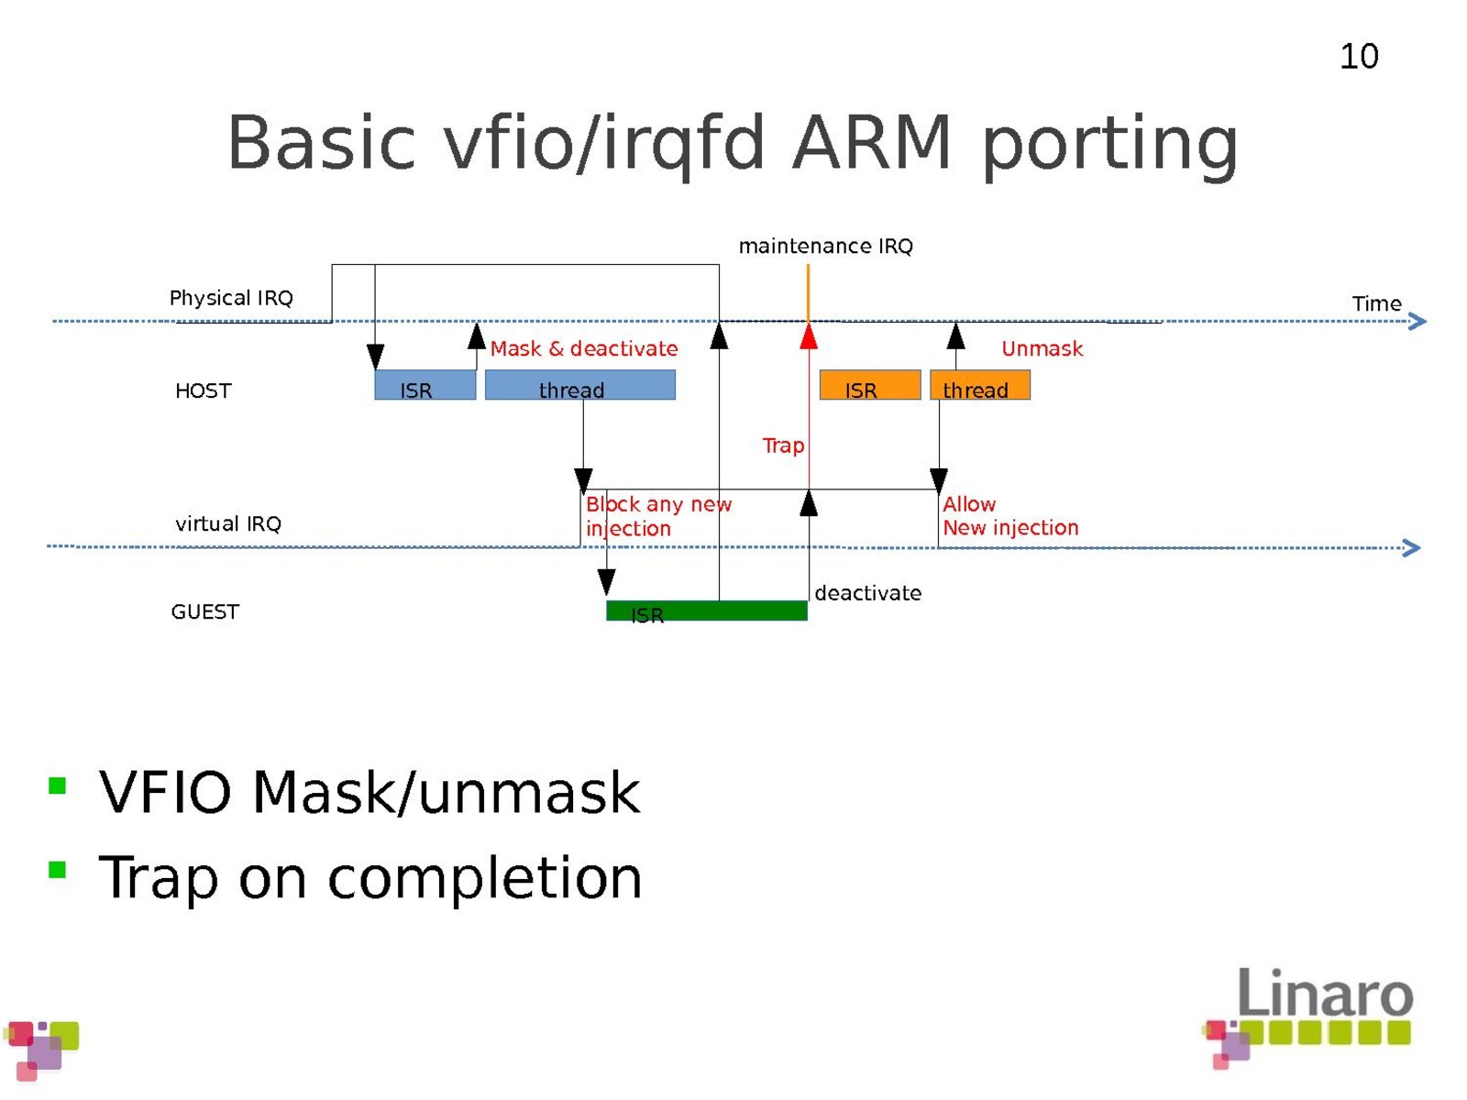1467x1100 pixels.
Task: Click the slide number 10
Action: [1359, 57]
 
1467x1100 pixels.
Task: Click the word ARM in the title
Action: [872, 143]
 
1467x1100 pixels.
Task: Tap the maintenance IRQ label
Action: [825, 247]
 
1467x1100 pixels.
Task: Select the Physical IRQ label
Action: [231, 298]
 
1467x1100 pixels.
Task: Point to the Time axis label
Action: [1376, 303]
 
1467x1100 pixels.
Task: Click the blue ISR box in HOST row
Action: [425, 386]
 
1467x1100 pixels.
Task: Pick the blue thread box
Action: [579, 386]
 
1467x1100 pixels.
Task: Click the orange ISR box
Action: [869, 386]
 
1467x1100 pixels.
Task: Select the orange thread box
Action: [979, 386]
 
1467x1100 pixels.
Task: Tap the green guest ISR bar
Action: [706, 611]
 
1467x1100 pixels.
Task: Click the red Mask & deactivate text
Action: [584, 349]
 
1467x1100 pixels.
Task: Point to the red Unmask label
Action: [1042, 349]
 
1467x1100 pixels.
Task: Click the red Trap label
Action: [783, 445]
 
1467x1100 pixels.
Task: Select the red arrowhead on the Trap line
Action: [808, 338]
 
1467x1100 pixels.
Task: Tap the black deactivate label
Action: [867, 593]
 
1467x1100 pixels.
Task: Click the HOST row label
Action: [204, 391]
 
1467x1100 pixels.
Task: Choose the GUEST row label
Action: [204, 612]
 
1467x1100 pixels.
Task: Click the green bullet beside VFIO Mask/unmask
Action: [58, 786]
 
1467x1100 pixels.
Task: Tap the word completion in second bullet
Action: [485, 878]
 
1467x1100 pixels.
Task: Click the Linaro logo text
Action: [1325, 994]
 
